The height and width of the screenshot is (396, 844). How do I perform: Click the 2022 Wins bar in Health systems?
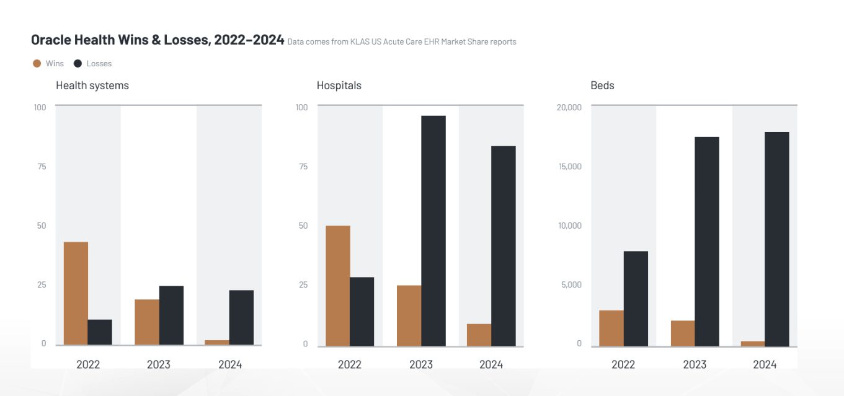(x=76, y=293)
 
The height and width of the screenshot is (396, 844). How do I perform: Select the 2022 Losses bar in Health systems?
(x=100, y=332)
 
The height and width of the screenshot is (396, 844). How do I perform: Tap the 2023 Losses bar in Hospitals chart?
(x=433, y=231)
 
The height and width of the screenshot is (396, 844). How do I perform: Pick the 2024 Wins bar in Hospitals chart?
(x=479, y=335)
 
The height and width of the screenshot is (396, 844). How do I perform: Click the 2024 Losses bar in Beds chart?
(x=777, y=239)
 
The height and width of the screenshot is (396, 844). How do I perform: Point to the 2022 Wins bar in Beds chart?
(x=611, y=328)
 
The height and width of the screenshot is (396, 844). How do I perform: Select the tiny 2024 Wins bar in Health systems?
(x=217, y=342)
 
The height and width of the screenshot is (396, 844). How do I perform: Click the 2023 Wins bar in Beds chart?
(x=683, y=333)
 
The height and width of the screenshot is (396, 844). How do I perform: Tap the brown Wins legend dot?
(x=37, y=63)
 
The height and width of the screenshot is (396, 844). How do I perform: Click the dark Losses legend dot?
(x=78, y=63)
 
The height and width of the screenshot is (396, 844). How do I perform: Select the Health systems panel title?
(x=92, y=86)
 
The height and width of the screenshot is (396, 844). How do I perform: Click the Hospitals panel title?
(x=339, y=86)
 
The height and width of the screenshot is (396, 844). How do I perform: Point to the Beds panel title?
(x=602, y=86)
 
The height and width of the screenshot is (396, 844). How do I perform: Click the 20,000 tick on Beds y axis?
(x=569, y=107)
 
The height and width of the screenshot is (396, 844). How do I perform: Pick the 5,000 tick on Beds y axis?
(x=571, y=284)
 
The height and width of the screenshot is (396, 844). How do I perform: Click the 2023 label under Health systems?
(x=159, y=364)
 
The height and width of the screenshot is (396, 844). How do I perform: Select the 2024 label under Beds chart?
(x=765, y=364)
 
